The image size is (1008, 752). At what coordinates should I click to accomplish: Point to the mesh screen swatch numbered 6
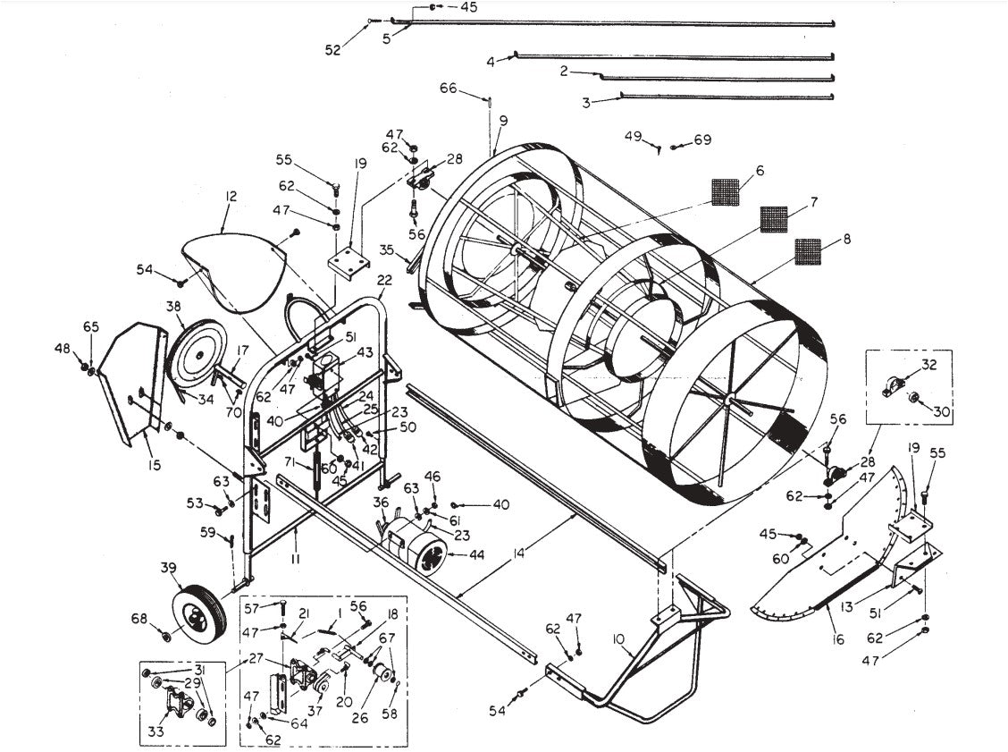click(x=725, y=191)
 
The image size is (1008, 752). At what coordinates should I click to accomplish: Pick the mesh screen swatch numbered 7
click(x=773, y=218)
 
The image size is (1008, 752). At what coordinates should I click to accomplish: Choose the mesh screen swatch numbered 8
click(x=809, y=252)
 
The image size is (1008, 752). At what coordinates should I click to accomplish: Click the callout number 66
click(x=448, y=88)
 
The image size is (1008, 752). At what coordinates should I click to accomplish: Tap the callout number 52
click(x=332, y=51)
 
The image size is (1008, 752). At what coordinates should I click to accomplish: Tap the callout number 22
click(x=384, y=281)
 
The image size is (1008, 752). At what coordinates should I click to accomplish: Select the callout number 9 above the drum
click(x=503, y=120)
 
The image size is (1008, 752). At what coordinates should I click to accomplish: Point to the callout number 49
click(x=633, y=136)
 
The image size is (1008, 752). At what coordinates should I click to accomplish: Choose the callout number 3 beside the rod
click(x=585, y=103)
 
